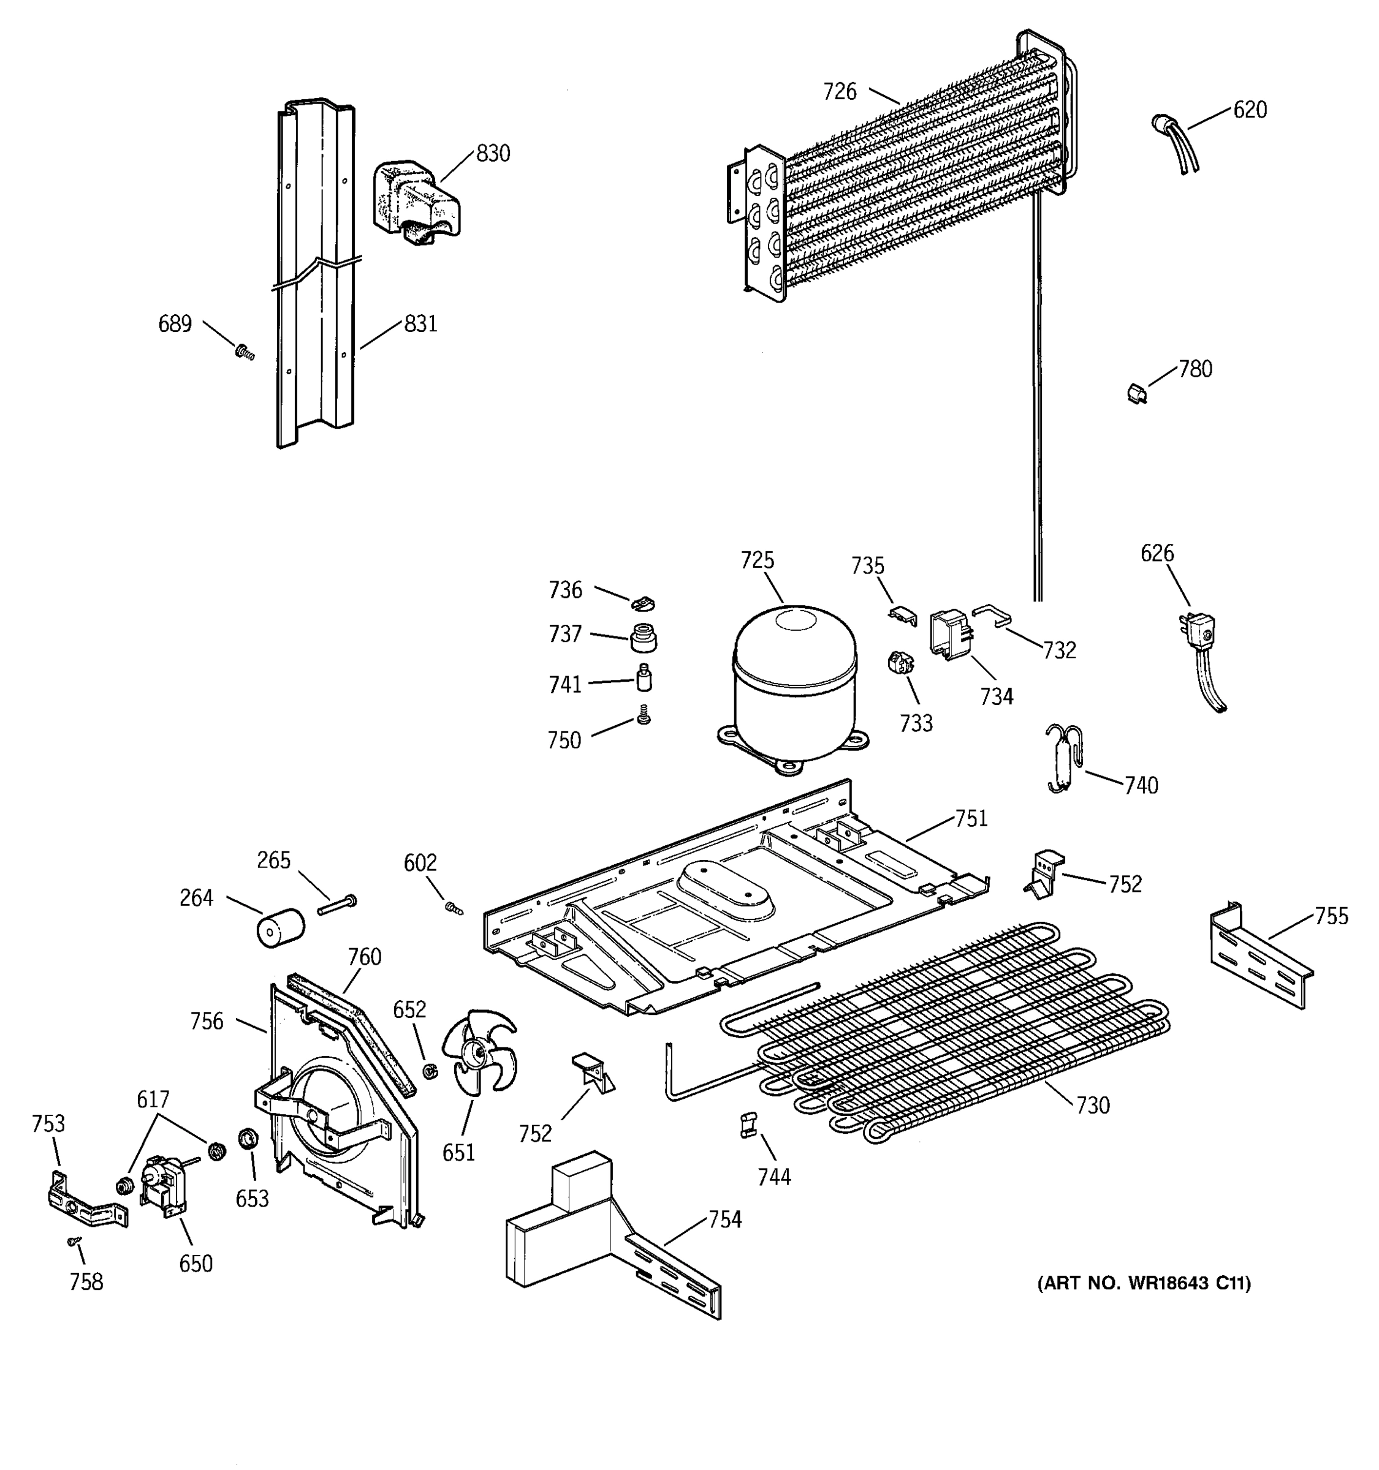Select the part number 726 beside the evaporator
click(840, 92)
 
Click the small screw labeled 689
click(244, 353)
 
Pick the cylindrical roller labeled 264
click(279, 927)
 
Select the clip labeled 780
click(1136, 393)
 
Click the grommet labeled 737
click(643, 638)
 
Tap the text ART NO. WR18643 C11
click(1144, 1283)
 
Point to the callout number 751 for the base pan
click(971, 818)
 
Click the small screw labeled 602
click(452, 908)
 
